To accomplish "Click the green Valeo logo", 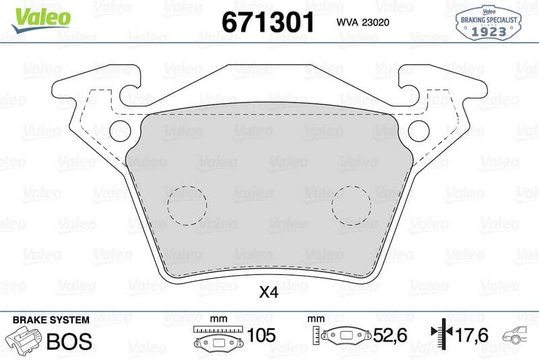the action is (41, 20).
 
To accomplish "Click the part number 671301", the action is (268, 22).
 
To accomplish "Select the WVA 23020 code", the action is (362, 22).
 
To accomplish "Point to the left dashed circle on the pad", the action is (187, 186).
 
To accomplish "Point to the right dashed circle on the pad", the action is (351, 186).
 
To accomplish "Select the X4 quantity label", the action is (269, 293).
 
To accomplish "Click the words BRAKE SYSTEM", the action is (51, 320).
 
